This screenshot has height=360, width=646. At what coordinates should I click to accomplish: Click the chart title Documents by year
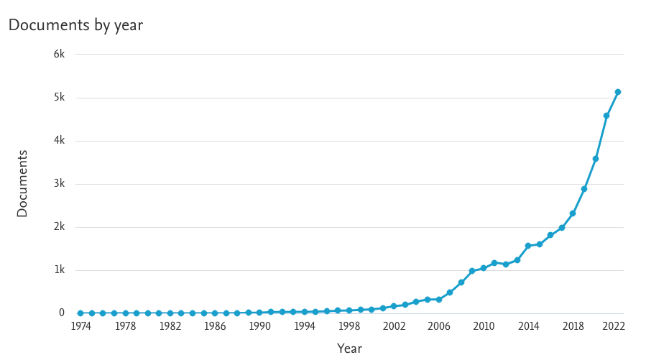[75, 25]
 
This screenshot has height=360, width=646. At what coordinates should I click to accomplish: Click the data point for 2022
[617, 92]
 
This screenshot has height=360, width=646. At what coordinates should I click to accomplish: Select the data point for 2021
[606, 116]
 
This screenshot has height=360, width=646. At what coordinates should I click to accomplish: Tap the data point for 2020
[595, 159]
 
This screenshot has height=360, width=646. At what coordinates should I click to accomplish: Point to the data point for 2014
[528, 246]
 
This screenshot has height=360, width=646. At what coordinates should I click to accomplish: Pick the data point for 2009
[472, 271]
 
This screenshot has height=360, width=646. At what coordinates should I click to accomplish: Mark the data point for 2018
[573, 213]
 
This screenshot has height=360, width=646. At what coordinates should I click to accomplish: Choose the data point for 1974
[80, 313]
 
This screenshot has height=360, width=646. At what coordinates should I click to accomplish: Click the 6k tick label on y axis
[58, 55]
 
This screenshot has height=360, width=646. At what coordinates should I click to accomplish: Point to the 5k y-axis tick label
[58, 98]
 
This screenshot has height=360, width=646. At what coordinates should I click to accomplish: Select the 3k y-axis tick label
[58, 184]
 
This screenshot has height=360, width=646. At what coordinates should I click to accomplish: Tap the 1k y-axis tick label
[58, 270]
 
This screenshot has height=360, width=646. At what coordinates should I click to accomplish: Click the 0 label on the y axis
[61, 313]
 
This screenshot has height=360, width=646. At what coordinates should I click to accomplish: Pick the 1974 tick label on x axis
[80, 326]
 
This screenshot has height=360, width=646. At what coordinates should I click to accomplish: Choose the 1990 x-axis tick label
[259, 326]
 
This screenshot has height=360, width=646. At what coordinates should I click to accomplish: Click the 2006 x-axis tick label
[438, 326]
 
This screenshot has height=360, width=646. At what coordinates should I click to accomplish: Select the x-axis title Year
[349, 349]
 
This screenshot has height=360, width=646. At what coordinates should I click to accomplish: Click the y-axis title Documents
[22, 183]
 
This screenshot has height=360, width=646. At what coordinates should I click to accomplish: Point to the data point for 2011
[494, 263]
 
